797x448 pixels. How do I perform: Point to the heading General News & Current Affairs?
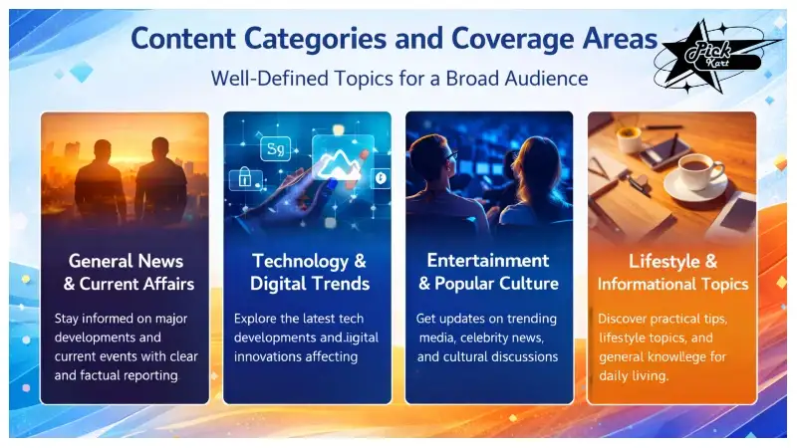125,273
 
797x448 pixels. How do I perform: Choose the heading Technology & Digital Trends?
309,273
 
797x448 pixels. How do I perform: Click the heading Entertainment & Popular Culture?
489,271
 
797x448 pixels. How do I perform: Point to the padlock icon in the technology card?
244,178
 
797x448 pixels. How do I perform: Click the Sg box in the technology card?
274,150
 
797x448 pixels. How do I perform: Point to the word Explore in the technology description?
256,320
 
